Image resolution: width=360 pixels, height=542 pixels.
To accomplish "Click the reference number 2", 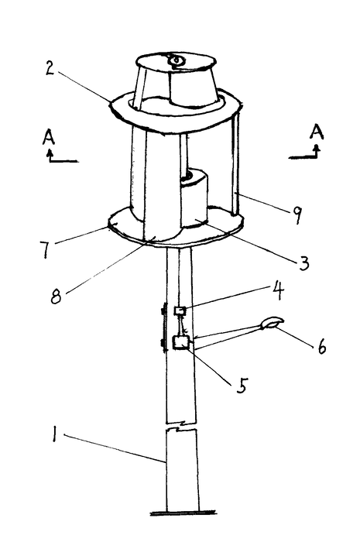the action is (50, 68).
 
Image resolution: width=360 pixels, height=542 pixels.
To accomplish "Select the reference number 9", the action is (297, 215).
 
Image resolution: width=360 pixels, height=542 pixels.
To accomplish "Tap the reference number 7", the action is (45, 249).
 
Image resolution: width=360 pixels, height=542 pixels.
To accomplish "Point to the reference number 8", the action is (56, 297).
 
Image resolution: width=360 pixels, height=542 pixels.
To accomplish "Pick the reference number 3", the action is (303, 263).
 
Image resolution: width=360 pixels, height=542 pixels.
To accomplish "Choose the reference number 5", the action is (242, 385).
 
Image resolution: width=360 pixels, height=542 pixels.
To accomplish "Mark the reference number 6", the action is (321, 345).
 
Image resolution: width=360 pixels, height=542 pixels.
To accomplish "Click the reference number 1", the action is (53, 434).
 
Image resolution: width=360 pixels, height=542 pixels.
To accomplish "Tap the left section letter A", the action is (49, 137).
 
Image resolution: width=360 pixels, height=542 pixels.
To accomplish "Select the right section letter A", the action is (317, 132).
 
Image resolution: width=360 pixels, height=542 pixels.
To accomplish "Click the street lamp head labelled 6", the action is (273, 323).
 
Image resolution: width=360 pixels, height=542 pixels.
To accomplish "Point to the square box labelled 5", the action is (180, 342).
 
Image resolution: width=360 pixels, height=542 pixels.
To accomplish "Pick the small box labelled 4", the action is (180, 310).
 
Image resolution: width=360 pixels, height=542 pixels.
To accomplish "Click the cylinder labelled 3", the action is (194, 198).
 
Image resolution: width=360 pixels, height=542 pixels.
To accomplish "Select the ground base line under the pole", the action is (183, 513).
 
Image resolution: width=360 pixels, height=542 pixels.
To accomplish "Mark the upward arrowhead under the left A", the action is (50, 152).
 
